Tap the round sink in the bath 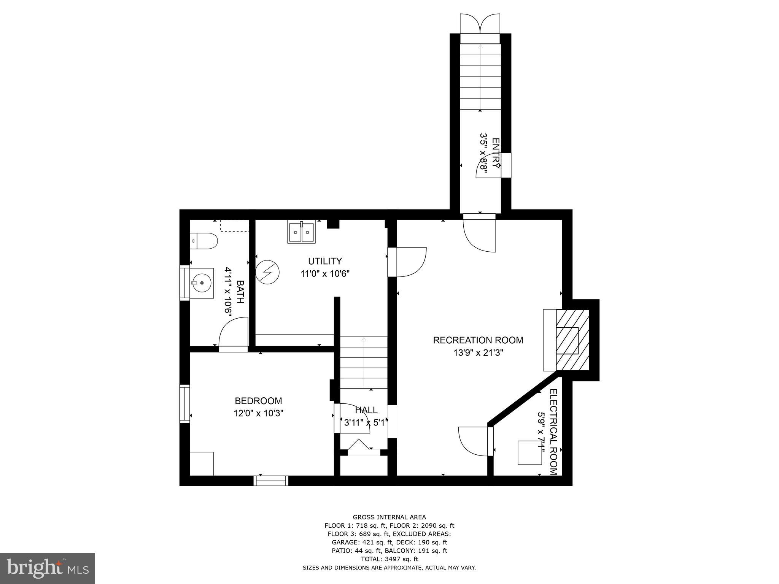click(202, 283)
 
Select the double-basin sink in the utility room click(302, 232)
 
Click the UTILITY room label click(325, 261)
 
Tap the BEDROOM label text click(258, 401)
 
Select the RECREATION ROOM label click(478, 340)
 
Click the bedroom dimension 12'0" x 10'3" click(258, 413)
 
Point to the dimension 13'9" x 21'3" click(478, 352)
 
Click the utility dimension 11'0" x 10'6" click(325, 273)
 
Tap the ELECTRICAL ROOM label click(553, 432)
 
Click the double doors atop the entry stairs click(480, 24)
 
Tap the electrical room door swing click(473, 441)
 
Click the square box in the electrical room click(529, 452)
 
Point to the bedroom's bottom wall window click(271, 481)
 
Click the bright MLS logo click(48, 568)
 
